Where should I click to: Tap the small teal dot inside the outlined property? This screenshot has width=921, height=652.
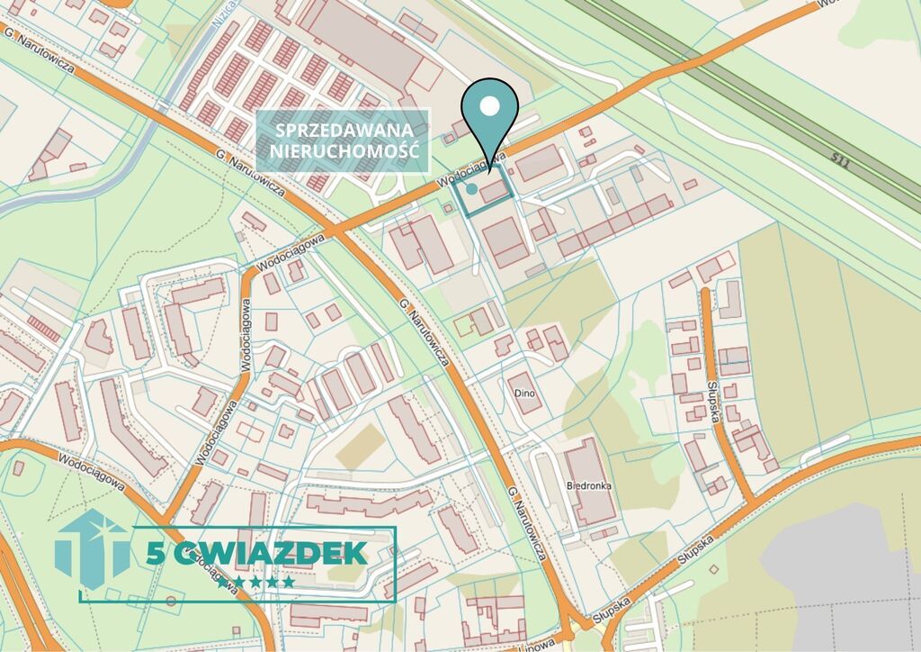click(471, 189)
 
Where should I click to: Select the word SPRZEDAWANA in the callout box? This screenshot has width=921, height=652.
click(343, 129)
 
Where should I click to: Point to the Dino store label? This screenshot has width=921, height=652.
click(524, 394)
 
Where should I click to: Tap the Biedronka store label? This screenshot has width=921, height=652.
click(589, 485)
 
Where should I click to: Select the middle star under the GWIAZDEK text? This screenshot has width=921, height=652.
click(256, 583)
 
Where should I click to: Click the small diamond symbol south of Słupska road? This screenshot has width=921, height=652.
click(713, 569)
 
